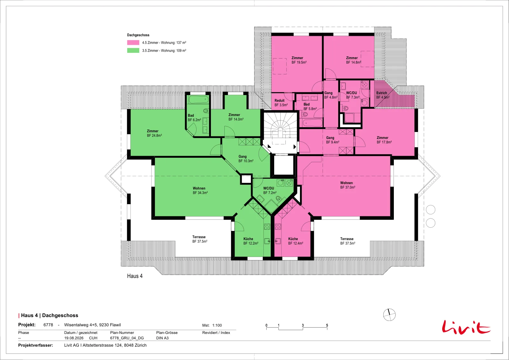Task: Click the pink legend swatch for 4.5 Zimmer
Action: tap(133, 43)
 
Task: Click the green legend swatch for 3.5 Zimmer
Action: tap(133, 51)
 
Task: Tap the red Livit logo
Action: tap(466, 327)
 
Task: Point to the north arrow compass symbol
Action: tap(389, 315)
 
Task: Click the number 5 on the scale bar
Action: tap(327, 325)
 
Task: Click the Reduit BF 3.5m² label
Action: tap(281, 103)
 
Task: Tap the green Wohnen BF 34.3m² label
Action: tap(200, 190)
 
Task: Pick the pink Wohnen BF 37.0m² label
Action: tap(348, 185)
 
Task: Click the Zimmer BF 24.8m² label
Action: tap(154, 133)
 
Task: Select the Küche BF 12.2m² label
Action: tap(251, 241)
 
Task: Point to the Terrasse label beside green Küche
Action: tap(200, 239)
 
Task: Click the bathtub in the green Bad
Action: tap(199, 100)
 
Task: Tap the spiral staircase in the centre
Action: tap(280, 128)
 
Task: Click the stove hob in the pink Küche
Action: tap(278, 226)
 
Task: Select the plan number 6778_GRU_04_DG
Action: tap(127, 338)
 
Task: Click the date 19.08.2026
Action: tap(74, 338)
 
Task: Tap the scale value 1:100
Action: tap(217, 325)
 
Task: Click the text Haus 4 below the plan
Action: tap(135, 276)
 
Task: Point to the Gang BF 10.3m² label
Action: tap(246, 159)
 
